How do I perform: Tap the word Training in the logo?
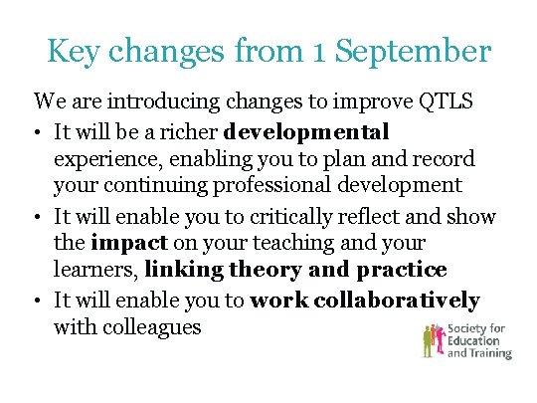tap(491, 352)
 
